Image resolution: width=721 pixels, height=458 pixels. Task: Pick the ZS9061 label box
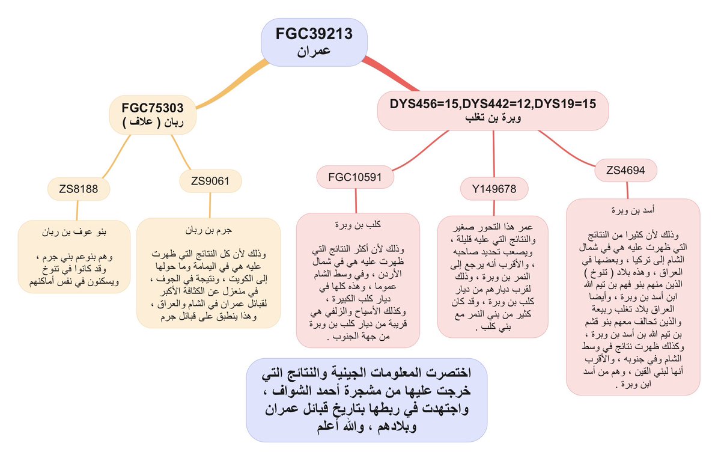pos(208,181)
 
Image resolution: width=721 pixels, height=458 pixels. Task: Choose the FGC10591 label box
pos(356,177)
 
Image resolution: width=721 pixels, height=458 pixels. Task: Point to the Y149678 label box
pos(494,189)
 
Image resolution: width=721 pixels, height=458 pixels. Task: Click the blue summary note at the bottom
pos(367,400)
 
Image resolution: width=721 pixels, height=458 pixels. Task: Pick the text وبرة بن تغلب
pos(493,118)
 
